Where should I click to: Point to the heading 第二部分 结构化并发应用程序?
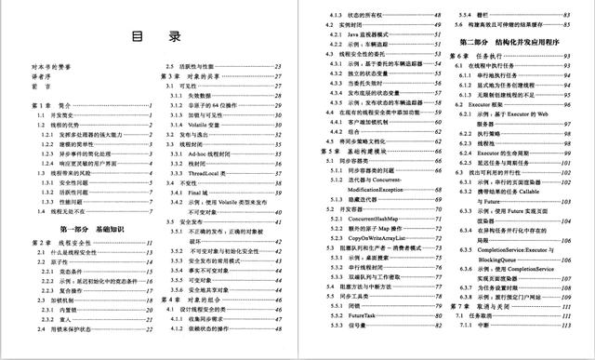(x=514, y=43)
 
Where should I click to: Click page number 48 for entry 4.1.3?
(x=438, y=16)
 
